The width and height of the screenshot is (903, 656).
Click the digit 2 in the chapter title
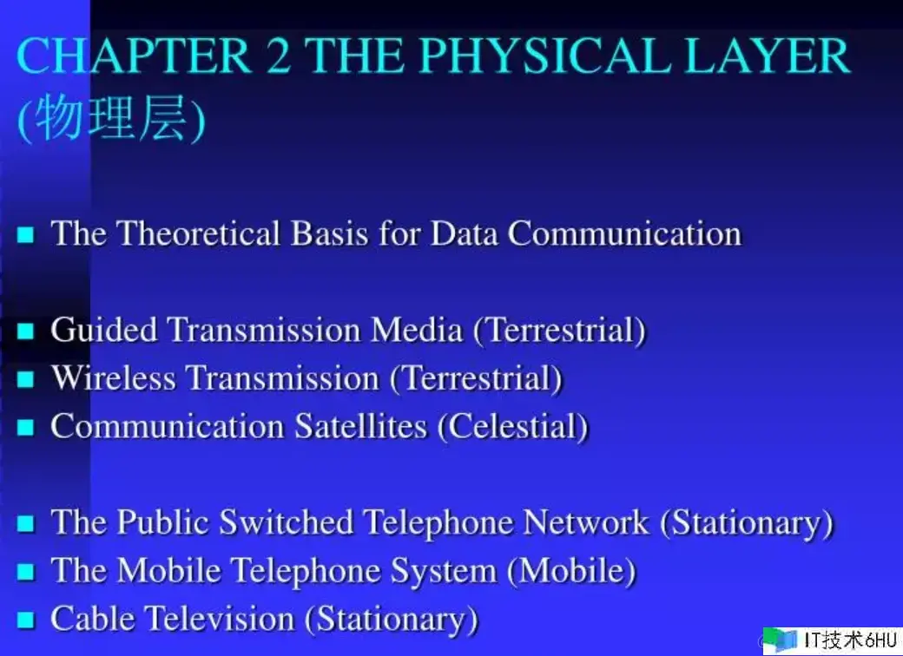pos(278,56)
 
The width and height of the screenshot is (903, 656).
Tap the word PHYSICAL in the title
pos(544,56)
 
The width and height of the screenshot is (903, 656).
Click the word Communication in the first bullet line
pos(625,233)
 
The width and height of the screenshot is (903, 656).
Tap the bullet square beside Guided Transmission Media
pos(26,331)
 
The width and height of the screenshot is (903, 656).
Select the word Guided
pos(103,331)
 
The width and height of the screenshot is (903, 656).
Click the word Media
pos(417,331)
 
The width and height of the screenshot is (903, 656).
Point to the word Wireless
pos(114,378)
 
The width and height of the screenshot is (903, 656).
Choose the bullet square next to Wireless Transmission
pos(26,379)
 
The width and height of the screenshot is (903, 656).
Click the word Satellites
pos(361,426)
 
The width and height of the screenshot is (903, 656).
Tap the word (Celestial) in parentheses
pos(513,427)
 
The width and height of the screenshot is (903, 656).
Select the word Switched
pos(287,522)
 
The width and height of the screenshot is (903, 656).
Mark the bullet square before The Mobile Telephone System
pos(26,572)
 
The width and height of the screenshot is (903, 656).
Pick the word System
pos(444,572)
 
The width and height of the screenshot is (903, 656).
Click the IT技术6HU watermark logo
pos(833,640)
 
